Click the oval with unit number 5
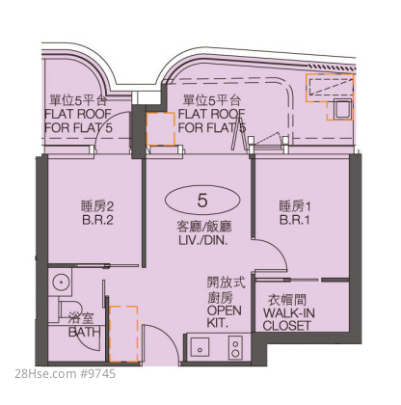pos(202,201)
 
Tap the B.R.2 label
pos(97,220)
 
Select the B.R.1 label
pos(295,220)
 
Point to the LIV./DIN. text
pos(203,241)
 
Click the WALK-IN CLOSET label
pos(288,319)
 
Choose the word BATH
pos(84,332)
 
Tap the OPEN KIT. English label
pos(224,316)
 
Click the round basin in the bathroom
pos(60,283)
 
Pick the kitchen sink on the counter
pos(200,347)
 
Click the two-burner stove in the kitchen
pos(235,347)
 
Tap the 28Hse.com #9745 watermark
pos(65,374)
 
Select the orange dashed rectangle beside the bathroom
pos(123,334)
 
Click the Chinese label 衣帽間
pos(287,300)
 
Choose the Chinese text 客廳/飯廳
pos(204,227)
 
